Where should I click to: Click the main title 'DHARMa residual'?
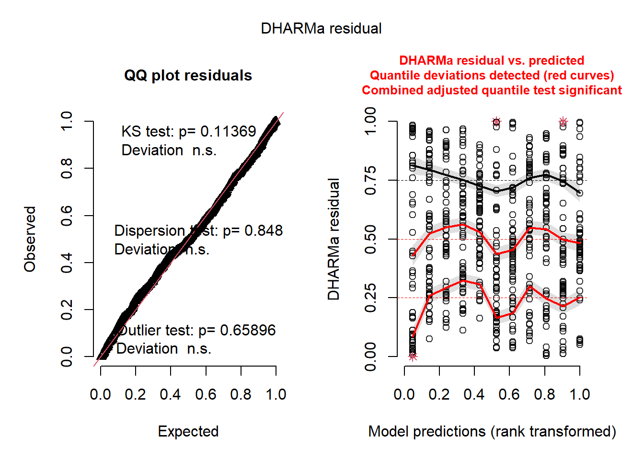click(x=321, y=29)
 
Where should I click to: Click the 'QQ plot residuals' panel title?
click(x=188, y=76)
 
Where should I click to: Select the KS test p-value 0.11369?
click(x=228, y=131)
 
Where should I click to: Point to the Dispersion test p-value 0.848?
click(x=264, y=230)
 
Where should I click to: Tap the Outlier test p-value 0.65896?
click(x=248, y=330)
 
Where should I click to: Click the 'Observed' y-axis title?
click(x=30, y=239)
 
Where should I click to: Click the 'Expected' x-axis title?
click(x=188, y=431)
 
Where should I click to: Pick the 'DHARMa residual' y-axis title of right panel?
click(x=333, y=239)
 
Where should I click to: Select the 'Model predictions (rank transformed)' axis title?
click(x=492, y=431)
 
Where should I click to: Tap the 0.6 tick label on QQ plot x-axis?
click(x=206, y=394)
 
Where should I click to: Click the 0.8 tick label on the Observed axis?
click(x=67, y=168)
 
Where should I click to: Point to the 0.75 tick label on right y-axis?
click(x=370, y=181)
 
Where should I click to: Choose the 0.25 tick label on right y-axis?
click(x=370, y=298)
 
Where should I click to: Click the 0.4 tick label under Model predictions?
click(x=474, y=394)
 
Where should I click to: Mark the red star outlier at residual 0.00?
click(x=413, y=356)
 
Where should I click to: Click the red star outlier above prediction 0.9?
click(x=563, y=122)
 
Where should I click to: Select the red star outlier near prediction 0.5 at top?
click(x=496, y=122)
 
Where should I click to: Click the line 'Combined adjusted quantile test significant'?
click(x=492, y=91)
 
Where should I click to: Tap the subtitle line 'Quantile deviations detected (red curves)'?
click(x=492, y=76)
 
